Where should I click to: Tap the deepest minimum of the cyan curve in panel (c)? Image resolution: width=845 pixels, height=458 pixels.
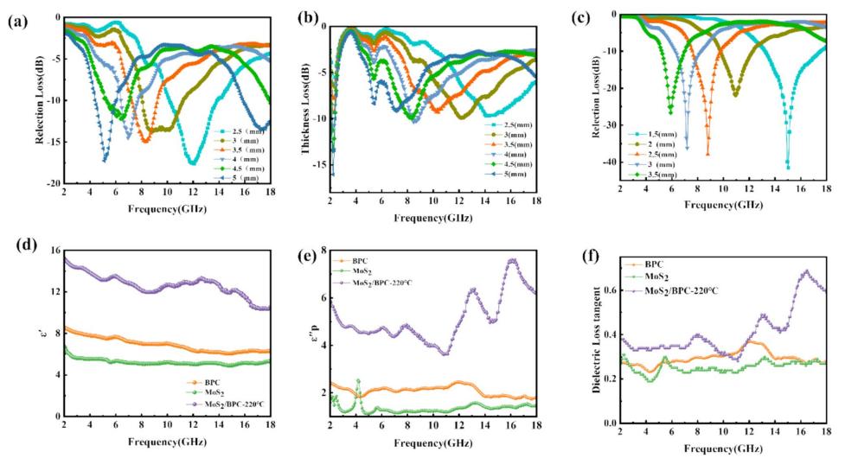point(788,167)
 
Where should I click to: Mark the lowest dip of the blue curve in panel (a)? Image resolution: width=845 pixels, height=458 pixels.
point(105,160)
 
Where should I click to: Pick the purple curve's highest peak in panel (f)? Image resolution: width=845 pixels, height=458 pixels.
point(806,270)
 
